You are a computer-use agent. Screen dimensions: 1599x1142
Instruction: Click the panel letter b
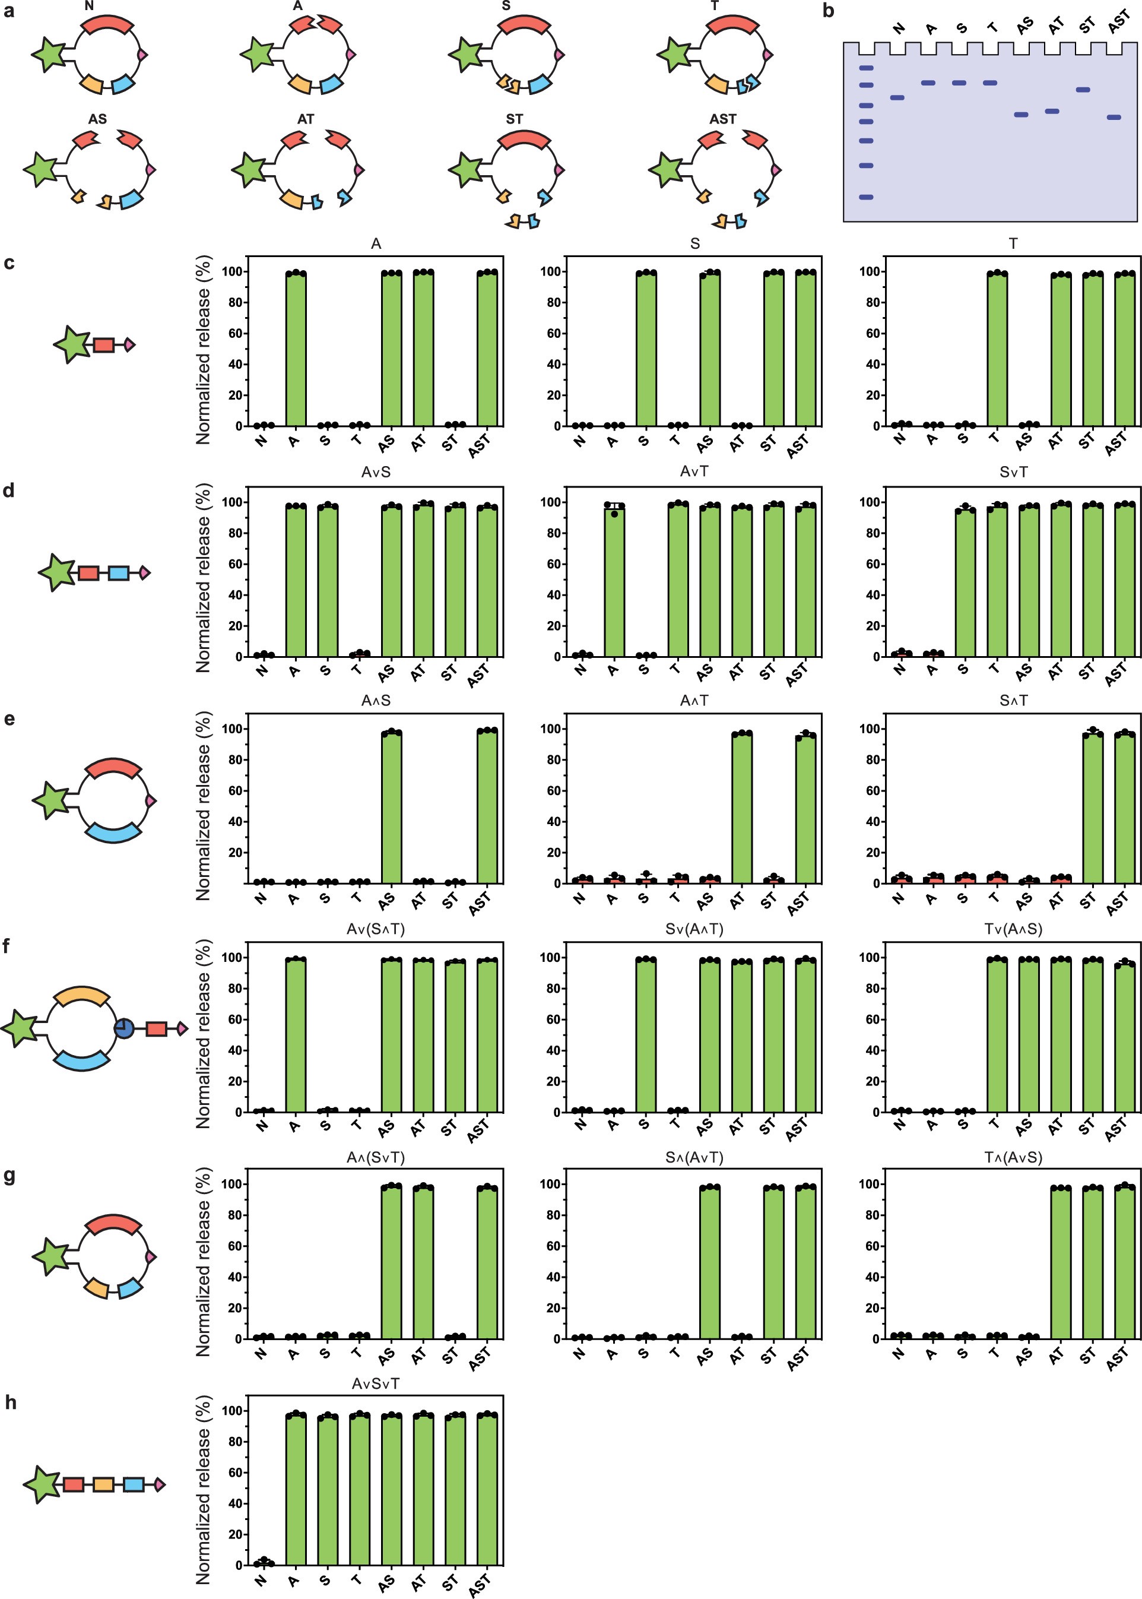click(x=829, y=11)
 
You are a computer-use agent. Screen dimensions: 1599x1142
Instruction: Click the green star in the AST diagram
click(x=665, y=170)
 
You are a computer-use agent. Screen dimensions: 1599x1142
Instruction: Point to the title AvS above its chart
click(x=376, y=472)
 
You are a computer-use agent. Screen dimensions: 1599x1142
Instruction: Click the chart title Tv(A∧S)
click(x=1013, y=929)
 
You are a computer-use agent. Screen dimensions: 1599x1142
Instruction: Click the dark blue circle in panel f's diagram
click(x=124, y=1028)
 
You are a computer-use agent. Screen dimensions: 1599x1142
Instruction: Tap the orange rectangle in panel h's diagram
click(x=103, y=1484)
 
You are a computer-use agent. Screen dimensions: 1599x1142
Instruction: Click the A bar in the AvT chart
click(x=614, y=580)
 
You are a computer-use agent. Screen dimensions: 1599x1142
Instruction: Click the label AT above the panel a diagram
click(x=305, y=119)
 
